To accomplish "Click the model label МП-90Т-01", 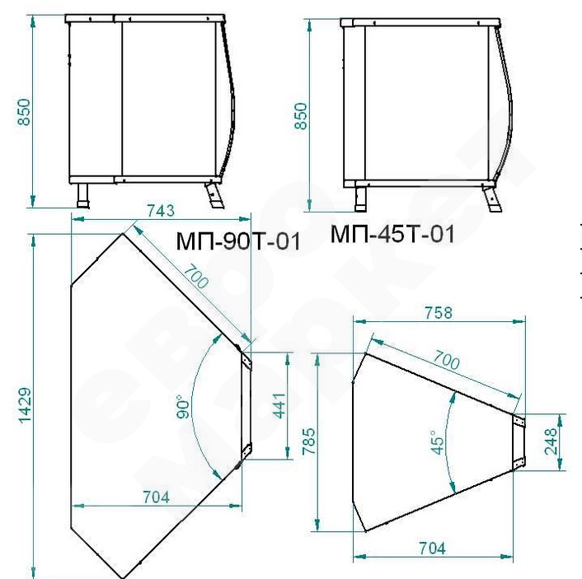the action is tap(238, 241).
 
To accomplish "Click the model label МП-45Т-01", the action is tap(392, 234).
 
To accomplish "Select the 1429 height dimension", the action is tap(26, 406).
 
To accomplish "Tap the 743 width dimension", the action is tap(161, 211).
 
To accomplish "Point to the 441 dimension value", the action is tap(279, 405).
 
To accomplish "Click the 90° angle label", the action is tap(183, 407).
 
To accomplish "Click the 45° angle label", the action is tap(438, 442).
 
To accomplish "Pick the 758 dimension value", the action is tap(439, 313).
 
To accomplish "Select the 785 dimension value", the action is tap(309, 441).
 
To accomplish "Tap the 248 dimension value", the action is tap(551, 441).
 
